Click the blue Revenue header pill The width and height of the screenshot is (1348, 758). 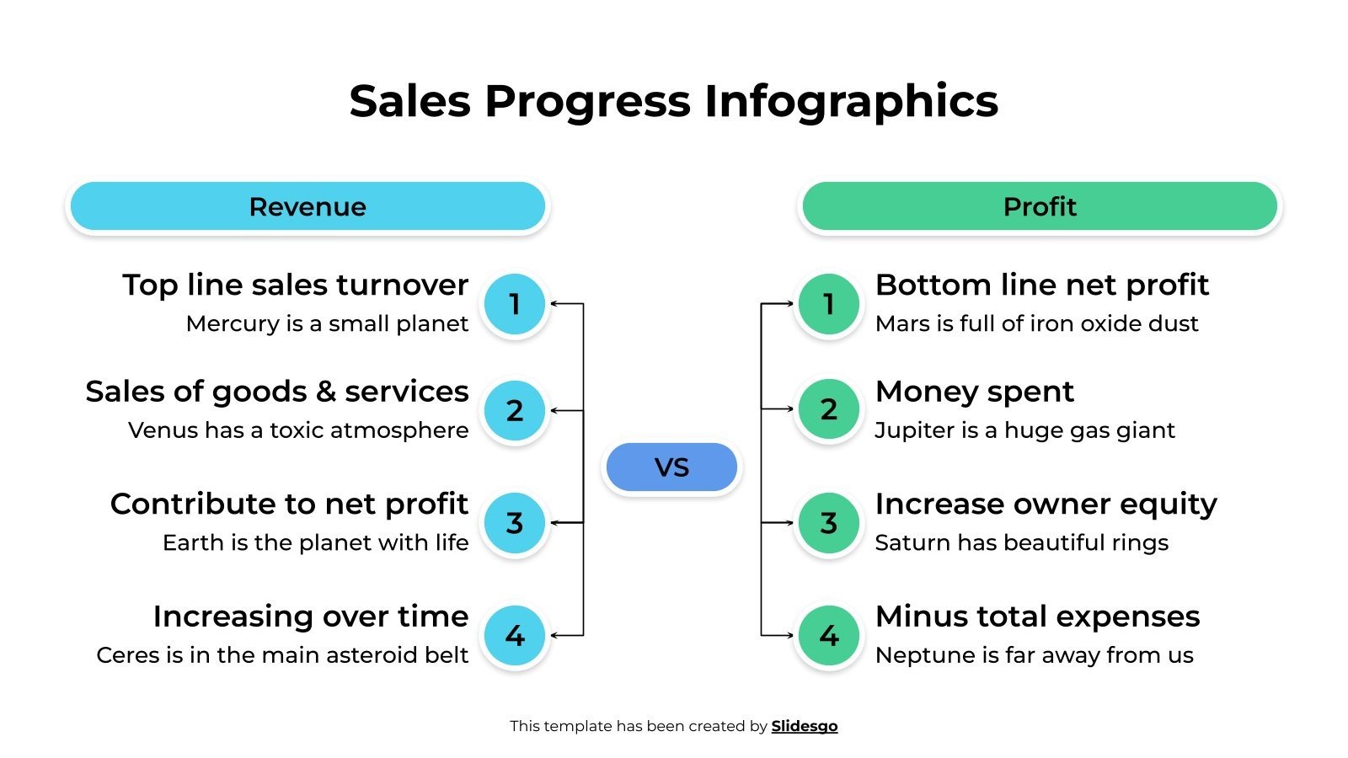coord(308,206)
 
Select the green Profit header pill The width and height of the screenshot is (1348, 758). coord(1039,206)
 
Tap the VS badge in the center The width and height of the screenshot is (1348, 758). coord(671,467)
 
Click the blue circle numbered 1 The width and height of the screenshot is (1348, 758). coord(515,304)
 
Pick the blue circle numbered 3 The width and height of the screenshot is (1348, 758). coord(515,523)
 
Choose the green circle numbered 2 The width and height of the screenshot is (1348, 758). coord(828,409)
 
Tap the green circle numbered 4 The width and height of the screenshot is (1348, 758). coord(828,635)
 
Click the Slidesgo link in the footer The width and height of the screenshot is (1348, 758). coord(804,726)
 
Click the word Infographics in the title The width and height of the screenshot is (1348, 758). coord(851,101)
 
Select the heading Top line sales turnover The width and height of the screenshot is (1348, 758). coord(295,285)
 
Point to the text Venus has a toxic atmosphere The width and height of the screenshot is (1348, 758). coord(298,430)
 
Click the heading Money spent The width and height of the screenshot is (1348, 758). coord(974,392)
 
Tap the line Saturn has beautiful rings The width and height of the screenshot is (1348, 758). coord(1021,542)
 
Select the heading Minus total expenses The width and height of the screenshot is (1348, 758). coord(1037,617)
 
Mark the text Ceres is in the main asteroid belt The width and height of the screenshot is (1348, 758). coord(282,655)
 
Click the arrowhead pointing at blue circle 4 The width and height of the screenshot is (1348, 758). coord(555,635)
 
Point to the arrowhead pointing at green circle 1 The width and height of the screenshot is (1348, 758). coord(789,303)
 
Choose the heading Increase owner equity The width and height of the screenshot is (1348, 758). coord(1046,504)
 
